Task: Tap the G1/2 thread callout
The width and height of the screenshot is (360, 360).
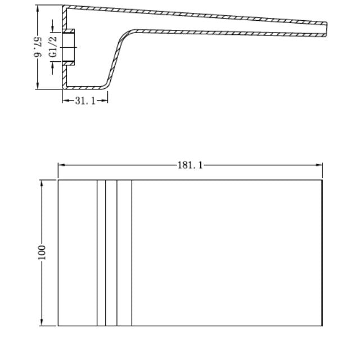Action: pyautogui.click(x=53, y=47)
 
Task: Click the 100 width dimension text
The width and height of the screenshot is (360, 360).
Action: pyautogui.click(x=42, y=251)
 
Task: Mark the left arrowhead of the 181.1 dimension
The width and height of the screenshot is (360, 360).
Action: pyautogui.click(x=60, y=165)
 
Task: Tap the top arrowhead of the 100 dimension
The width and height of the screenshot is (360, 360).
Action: pyautogui.click(x=42, y=182)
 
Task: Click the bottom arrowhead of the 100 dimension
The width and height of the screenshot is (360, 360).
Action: pyautogui.click(x=42, y=323)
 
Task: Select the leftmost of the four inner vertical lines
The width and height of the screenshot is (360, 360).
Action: pyautogui.click(x=97, y=253)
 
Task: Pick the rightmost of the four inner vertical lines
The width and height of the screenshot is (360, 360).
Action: pyautogui.click(x=132, y=253)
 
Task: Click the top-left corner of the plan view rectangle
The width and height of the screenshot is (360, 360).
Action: pyautogui.click(x=58, y=180)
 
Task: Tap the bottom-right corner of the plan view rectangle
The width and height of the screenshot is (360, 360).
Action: pyautogui.click(x=322, y=326)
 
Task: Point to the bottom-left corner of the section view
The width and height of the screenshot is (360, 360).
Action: pyautogui.click(x=63, y=88)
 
